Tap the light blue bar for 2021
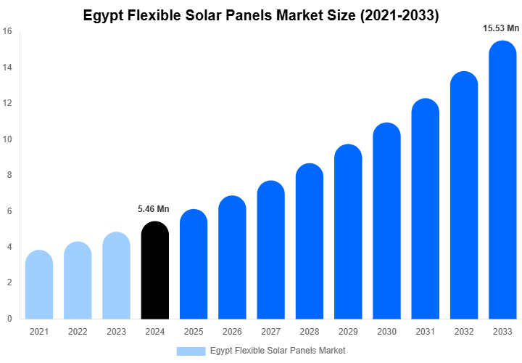pyautogui.click(x=39, y=285)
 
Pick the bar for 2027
pyautogui.click(x=270, y=250)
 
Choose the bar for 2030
pyautogui.click(x=386, y=221)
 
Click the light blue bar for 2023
pyautogui.click(x=116, y=275)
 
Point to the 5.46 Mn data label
pyautogui.click(x=154, y=209)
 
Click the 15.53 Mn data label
pyautogui.click(x=501, y=28)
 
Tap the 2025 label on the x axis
pyautogui.click(x=194, y=332)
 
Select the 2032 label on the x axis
pyautogui.click(x=464, y=332)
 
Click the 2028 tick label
pyautogui.click(x=310, y=332)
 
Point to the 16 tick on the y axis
pyautogui.click(x=7, y=31)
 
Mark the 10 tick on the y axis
pyautogui.click(x=7, y=139)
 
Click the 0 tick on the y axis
pyautogui.click(x=9, y=319)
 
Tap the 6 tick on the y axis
pyautogui.click(x=9, y=211)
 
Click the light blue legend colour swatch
pyautogui.click(x=191, y=351)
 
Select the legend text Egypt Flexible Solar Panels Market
pyautogui.click(x=278, y=351)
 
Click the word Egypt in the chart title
pyautogui.click(x=104, y=15)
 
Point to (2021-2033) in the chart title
pyautogui.click(x=399, y=15)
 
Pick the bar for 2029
pyautogui.click(x=348, y=232)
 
